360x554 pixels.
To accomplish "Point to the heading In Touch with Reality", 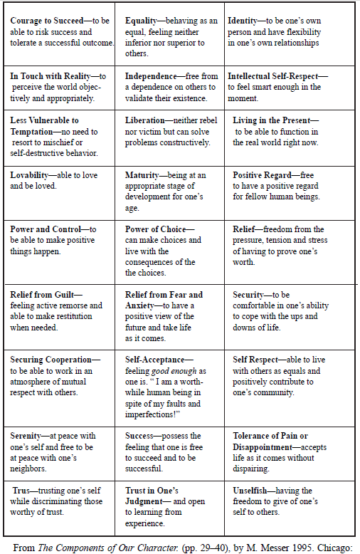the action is [53, 75].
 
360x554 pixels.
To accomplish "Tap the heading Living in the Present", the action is [273, 120].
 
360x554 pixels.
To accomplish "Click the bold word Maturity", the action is [146, 174].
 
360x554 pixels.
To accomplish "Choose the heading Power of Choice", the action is [154, 229].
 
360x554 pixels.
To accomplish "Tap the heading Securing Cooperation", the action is [53, 360].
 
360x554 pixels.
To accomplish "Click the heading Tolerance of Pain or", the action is [270, 436].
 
